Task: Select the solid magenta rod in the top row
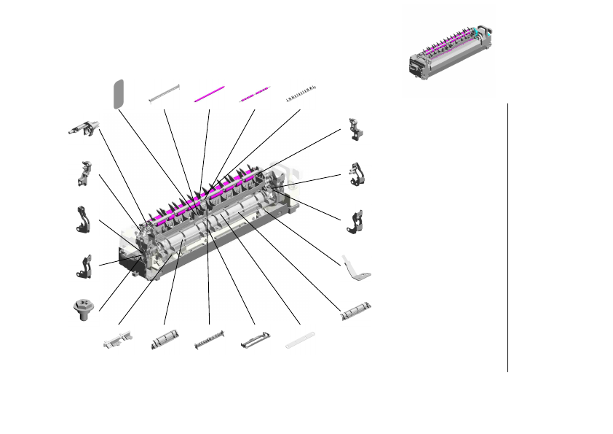pos(209,96)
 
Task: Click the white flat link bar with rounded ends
pos(299,339)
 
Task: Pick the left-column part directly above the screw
pos(85,266)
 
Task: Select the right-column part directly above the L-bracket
pos(357,222)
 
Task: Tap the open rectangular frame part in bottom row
pos(253,340)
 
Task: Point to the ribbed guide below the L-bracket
pos(357,312)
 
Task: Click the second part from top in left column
pos(85,174)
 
